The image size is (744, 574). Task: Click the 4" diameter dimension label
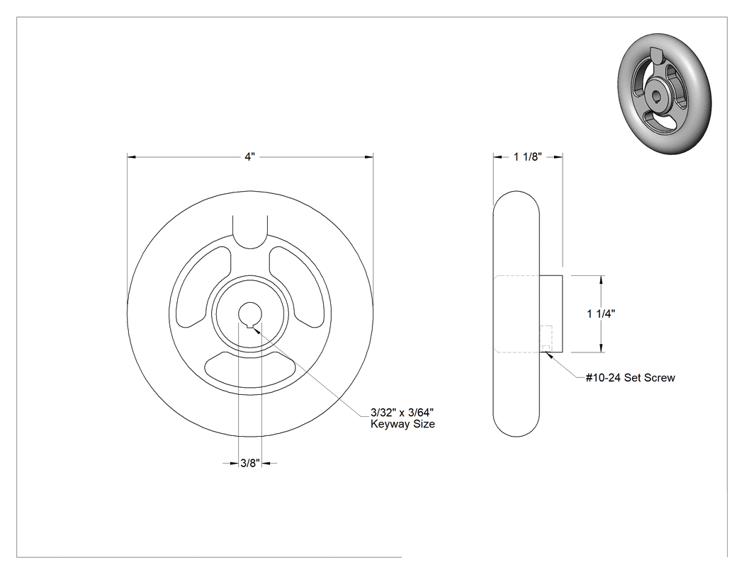point(250,157)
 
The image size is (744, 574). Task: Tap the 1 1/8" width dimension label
point(528,157)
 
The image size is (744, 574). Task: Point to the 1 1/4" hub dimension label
point(601,314)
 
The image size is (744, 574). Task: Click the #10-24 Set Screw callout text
point(630,378)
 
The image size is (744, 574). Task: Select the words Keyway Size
point(402,424)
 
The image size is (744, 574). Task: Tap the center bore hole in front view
point(250,314)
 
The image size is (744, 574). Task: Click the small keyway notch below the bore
point(250,325)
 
